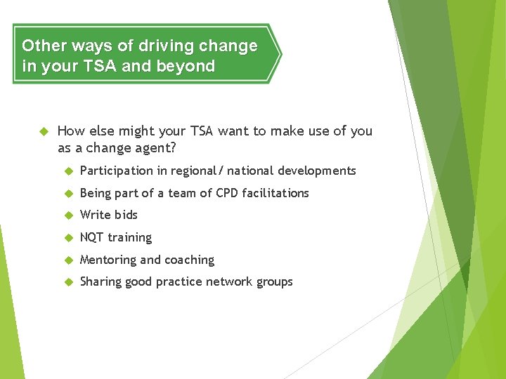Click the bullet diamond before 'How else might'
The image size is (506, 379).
tap(43, 131)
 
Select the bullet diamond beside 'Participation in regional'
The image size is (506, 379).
tap(69, 171)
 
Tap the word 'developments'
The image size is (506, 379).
tap(317, 171)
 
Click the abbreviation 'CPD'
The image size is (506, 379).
tap(228, 193)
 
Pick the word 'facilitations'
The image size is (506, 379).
tap(275, 193)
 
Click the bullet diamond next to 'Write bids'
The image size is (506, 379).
tap(69, 215)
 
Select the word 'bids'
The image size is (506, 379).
tap(126, 215)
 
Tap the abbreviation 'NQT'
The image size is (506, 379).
tap(91, 237)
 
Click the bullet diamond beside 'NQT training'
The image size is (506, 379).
tap(69, 238)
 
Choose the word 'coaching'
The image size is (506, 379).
tap(189, 260)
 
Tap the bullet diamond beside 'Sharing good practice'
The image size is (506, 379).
tap(69, 282)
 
